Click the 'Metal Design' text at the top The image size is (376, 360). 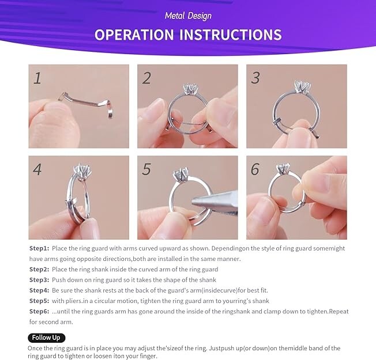pyautogui.click(x=188, y=16)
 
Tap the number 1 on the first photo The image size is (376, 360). pyautogui.click(x=37, y=78)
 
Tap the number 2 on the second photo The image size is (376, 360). pyautogui.click(x=146, y=78)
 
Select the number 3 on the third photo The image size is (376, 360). pyautogui.click(x=255, y=78)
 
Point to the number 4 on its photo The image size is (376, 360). pyautogui.click(x=37, y=170)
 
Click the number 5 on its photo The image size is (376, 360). pyautogui.click(x=146, y=170)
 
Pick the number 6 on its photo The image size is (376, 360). pyautogui.click(x=255, y=170)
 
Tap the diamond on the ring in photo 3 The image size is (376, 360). pyautogui.click(x=300, y=87)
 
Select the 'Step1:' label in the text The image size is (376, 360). pyautogui.click(x=39, y=248)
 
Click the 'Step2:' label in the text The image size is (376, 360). pyautogui.click(x=39, y=269)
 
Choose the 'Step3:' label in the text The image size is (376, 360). pyautogui.click(x=39, y=279)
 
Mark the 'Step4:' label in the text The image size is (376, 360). pyautogui.click(x=39, y=290)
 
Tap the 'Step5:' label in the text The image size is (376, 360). pyautogui.click(x=39, y=301)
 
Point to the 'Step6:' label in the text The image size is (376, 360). pyautogui.click(x=39, y=312)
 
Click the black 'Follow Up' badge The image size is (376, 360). pyautogui.click(x=46, y=338)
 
